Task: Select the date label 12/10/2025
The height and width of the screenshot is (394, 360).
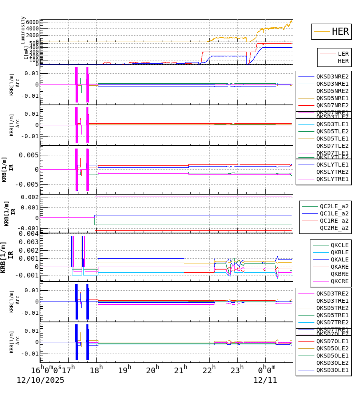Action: tap(40, 380)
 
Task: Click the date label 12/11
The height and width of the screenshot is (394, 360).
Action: tap(265, 380)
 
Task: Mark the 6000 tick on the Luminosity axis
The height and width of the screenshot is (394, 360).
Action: tap(33, 22)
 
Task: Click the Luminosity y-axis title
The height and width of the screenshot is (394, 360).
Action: tap(23, 30)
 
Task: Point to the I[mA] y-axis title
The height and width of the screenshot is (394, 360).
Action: tap(26, 52)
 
